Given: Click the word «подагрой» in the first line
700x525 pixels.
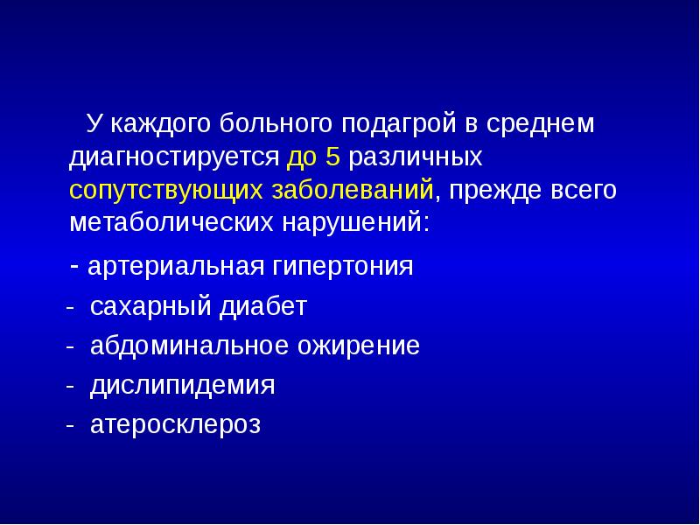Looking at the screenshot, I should click(x=397, y=125).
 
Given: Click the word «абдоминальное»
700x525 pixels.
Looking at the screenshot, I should click(x=178, y=346).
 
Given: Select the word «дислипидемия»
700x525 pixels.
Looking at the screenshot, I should click(x=183, y=386).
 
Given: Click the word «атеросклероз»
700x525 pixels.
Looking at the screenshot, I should click(x=176, y=425).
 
